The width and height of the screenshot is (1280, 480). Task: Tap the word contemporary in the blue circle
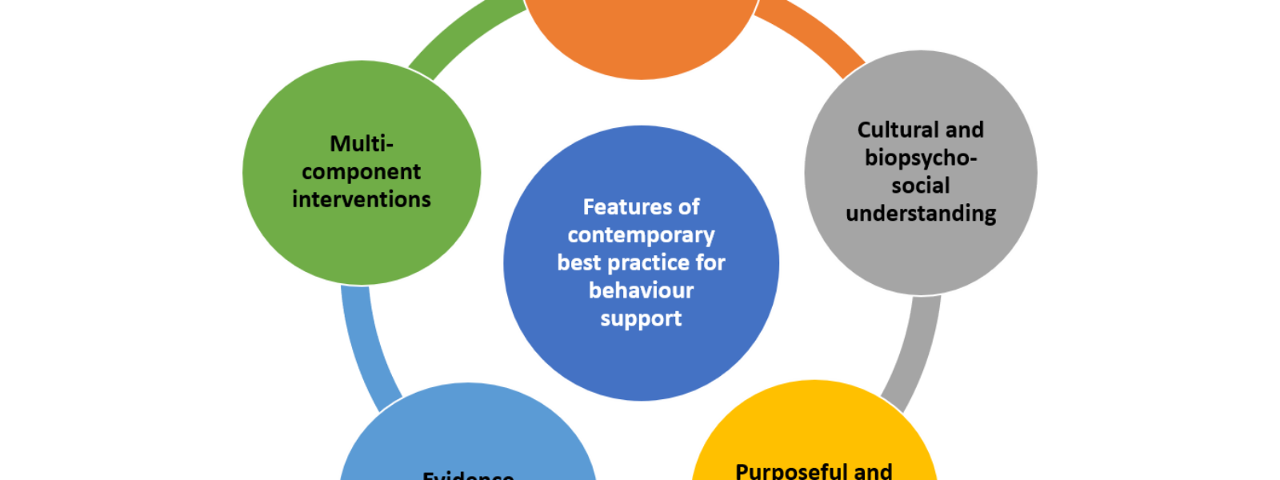(641, 235)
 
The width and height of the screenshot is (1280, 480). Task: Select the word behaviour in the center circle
(641, 290)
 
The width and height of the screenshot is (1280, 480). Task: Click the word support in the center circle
(641, 318)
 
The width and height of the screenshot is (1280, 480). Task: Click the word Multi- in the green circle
(362, 144)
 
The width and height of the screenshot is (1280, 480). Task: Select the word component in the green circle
(362, 172)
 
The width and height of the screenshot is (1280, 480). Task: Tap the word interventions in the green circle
(362, 199)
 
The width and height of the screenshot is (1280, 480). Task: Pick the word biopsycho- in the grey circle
(921, 158)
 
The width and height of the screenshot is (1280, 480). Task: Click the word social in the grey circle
(921, 186)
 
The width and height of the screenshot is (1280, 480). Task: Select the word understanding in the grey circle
(921, 214)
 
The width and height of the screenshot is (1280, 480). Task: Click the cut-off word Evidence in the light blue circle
(468, 475)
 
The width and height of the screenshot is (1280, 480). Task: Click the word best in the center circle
(578, 262)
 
